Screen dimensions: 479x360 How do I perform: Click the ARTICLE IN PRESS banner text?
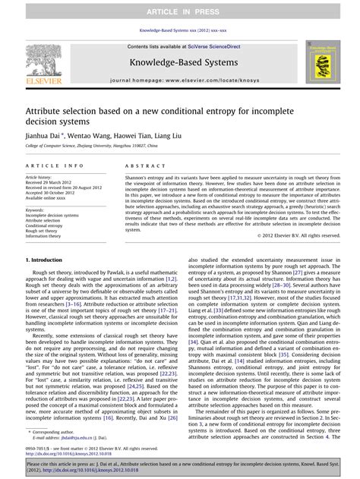point(180,13)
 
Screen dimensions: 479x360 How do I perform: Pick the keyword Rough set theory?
point(44,232)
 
